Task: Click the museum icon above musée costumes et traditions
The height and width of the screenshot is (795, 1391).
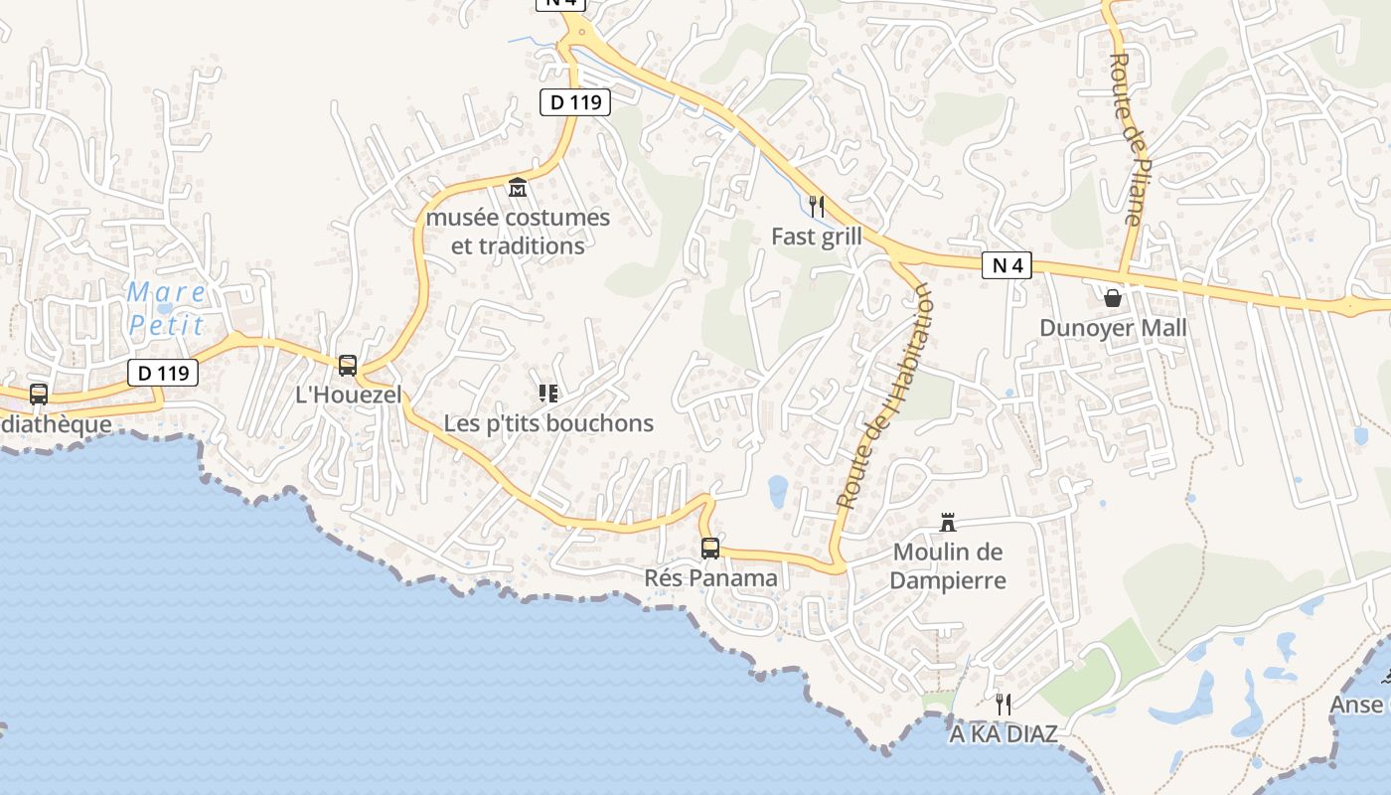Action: coord(517,187)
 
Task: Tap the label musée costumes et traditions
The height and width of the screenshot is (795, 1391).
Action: coord(518,232)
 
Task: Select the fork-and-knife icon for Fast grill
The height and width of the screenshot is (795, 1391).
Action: coord(817,206)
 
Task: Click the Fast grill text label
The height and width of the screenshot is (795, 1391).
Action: coord(817,237)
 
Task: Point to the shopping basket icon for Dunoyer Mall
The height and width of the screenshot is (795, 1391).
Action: coord(1113,297)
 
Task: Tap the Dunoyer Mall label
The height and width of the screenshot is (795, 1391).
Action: coord(1113,328)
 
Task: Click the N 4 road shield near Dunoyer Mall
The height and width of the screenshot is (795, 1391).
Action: coord(1007,265)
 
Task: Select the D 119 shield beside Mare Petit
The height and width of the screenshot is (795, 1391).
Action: coord(163,373)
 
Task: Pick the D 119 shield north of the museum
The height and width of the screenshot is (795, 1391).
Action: coord(575,101)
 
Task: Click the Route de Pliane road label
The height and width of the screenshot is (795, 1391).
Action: coord(1127,139)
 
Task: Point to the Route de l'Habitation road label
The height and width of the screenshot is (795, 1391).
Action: coord(884,396)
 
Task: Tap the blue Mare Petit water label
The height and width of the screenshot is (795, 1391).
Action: coord(166,308)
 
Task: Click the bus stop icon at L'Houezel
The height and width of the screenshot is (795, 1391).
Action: coord(348,365)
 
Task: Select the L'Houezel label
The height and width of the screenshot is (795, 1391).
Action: coord(349,395)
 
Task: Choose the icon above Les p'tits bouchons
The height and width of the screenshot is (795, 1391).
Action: coord(547,394)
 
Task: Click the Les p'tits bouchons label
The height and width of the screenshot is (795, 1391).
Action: coord(548,423)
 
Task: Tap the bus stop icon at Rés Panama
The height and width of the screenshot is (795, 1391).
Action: coord(710,548)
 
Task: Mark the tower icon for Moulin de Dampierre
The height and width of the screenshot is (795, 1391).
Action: coord(948,522)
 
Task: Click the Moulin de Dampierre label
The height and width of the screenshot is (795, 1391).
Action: coord(948,566)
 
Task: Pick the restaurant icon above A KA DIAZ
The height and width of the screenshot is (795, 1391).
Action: coord(1004,705)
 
